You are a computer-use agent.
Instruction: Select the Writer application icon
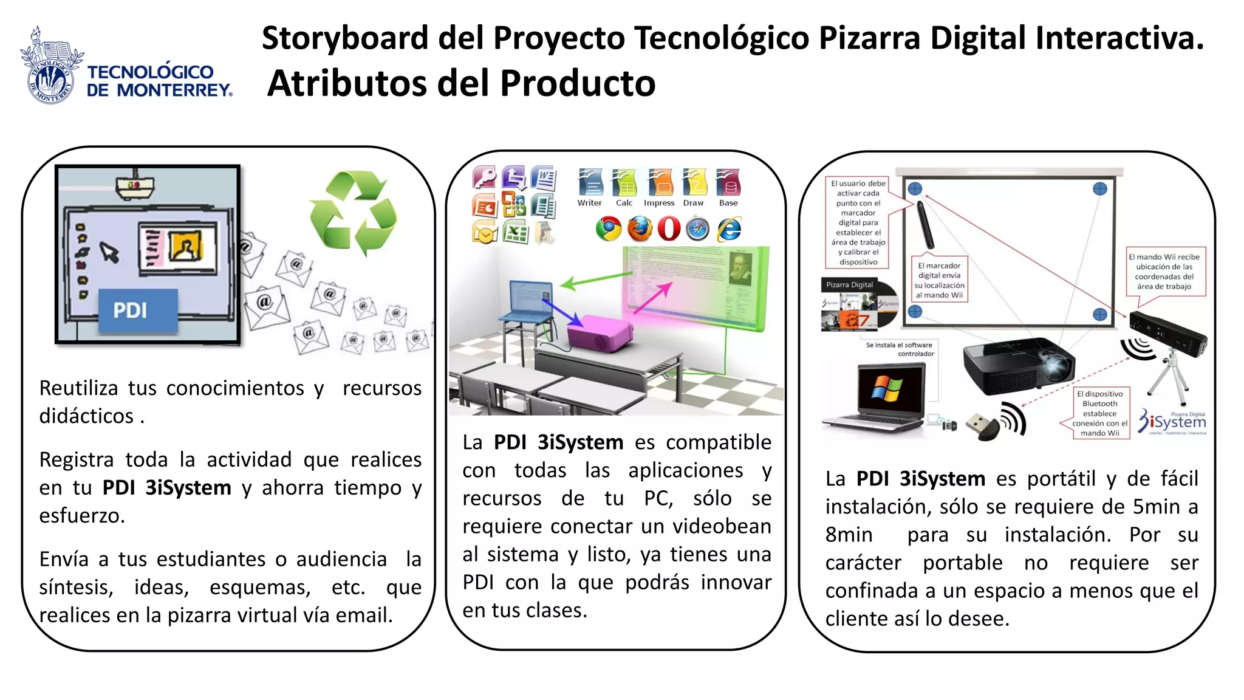pyautogui.click(x=590, y=182)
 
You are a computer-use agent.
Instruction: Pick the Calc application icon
pyautogui.click(x=624, y=182)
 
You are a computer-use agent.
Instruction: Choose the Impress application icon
pyautogui.click(x=660, y=182)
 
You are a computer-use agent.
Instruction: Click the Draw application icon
pyautogui.click(x=694, y=182)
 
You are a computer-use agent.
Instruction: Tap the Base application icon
pyautogui.click(x=728, y=182)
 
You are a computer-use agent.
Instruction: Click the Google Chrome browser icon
pyautogui.click(x=609, y=229)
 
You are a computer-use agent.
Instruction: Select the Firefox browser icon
pyautogui.click(x=639, y=229)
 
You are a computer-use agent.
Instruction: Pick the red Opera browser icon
pyautogui.click(x=669, y=229)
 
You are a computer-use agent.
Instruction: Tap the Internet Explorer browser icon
pyautogui.click(x=729, y=229)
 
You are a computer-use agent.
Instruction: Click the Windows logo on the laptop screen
pyautogui.click(x=887, y=388)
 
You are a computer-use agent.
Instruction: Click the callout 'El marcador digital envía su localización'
pyautogui.click(x=940, y=280)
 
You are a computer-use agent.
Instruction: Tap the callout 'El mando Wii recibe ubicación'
pyautogui.click(x=1164, y=272)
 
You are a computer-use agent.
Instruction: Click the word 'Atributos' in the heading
pyautogui.click(x=346, y=83)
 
